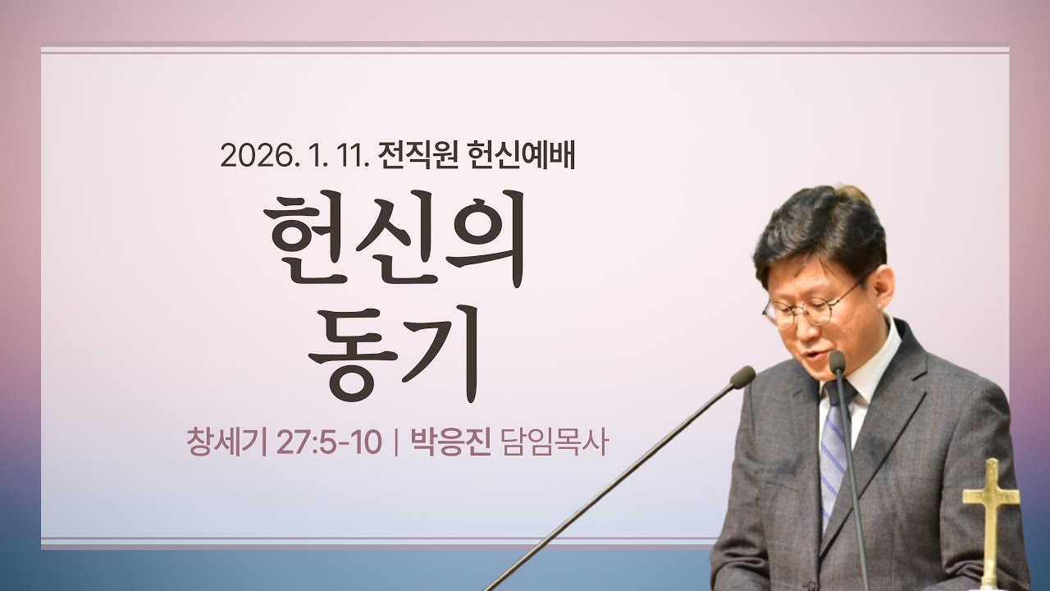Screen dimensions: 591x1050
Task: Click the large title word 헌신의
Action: pyautogui.click(x=394, y=243)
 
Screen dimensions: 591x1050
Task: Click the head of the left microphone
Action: pyautogui.click(x=742, y=377)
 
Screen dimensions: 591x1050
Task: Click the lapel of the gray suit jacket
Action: pyautogui.click(x=882, y=435)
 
